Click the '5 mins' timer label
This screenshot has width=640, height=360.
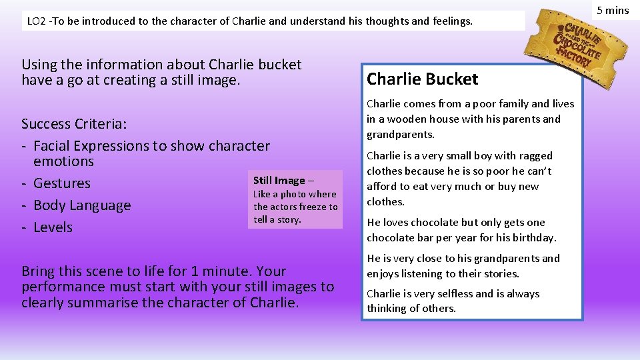612,10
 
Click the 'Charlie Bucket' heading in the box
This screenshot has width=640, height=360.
422,79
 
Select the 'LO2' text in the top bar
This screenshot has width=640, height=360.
35,21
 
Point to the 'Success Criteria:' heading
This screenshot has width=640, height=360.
75,124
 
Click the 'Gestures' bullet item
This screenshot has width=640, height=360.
61,183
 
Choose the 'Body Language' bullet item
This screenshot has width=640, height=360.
82,205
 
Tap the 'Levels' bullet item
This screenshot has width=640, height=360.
53,227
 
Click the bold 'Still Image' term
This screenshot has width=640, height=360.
279,181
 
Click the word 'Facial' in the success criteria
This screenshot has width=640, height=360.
53,146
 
